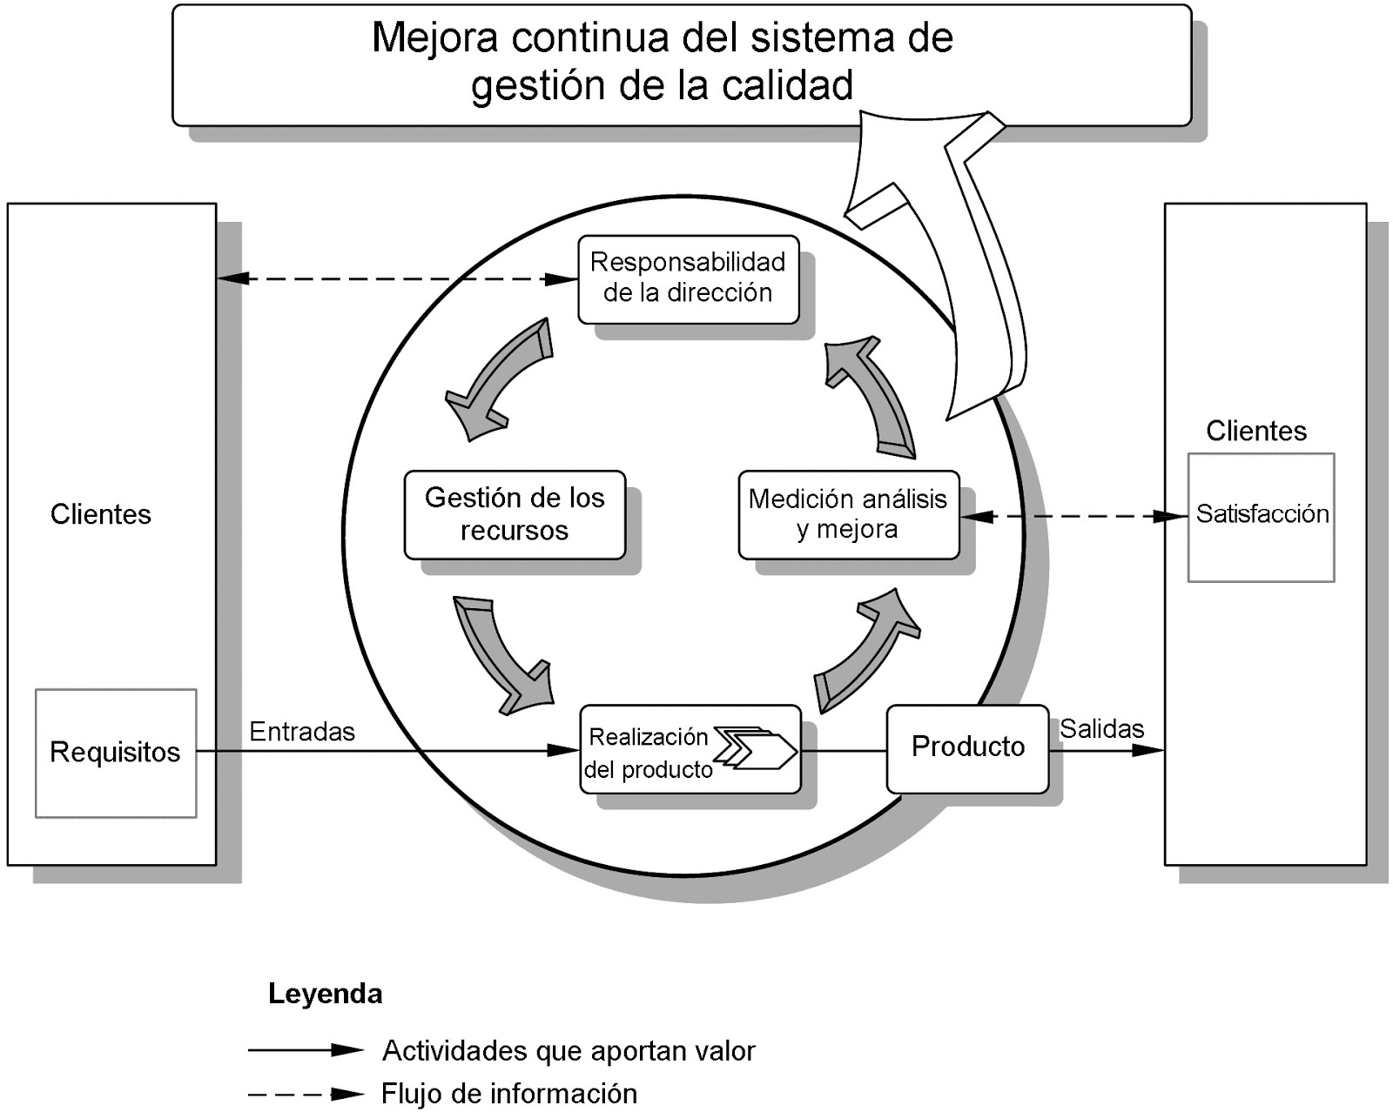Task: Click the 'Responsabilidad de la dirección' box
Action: [x=688, y=278]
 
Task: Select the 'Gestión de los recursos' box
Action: [x=514, y=514]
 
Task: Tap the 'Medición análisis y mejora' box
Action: [x=847, y=514]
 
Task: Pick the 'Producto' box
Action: [x=966, y=747]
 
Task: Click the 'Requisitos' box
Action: [x=115, y=753]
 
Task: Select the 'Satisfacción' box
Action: [x=1261, y=516]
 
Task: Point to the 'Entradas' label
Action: [x=302, y=732]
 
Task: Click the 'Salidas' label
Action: [x=1101, y=729]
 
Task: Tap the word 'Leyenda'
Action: [x=325, y=994]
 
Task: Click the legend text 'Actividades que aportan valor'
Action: [x=569, y=1051]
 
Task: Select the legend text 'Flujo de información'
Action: [x=509, y=1094]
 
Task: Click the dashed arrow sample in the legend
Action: [x=305, y=1094]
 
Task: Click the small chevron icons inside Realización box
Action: [x=755, y=747]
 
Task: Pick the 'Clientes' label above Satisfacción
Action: [x=1255, y=431]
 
